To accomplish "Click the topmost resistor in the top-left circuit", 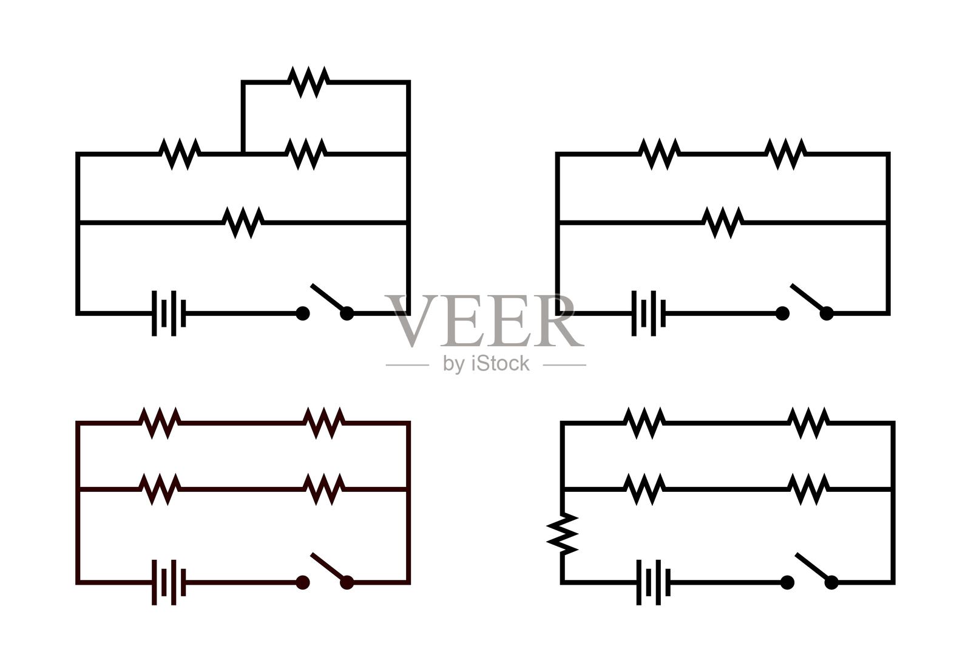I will [308, 81].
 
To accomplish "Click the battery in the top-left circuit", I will [169, 313].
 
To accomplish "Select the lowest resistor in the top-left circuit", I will [243, 222].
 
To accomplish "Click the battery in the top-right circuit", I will [649, 313].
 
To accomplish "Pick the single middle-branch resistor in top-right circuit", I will [723, 222].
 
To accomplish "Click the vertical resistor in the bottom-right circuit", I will [563, 534].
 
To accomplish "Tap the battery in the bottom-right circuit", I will [654, 582].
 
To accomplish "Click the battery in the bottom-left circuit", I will [169, 582].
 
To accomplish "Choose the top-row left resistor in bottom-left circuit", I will [160, 423].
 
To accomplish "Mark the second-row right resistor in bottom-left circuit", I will [323, 489].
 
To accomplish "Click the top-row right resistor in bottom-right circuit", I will [808, 423].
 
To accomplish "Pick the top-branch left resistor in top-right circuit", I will [660, 154].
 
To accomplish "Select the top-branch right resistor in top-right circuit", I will [785, 154].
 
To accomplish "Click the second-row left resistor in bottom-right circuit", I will [645, 489].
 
